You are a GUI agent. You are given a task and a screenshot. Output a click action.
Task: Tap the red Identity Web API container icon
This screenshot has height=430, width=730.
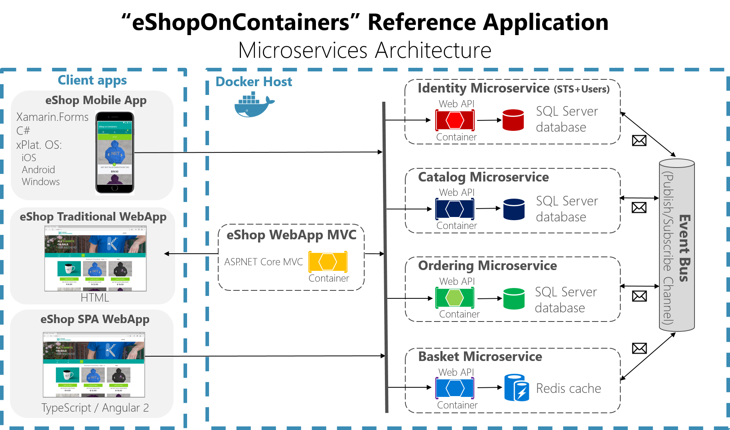click(455, 120)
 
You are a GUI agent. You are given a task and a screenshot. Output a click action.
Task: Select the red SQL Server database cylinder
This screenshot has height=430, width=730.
click(513, 120)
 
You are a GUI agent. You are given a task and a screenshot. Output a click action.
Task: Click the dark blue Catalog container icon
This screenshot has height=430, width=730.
click(455, 209)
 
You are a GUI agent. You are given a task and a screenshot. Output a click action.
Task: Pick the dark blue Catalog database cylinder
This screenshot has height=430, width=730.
click(514, 209)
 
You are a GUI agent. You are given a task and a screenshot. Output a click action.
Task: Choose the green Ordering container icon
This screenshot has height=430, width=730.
click(455, 298)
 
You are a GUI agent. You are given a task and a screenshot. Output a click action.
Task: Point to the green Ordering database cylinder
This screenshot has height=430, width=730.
click(514, 298)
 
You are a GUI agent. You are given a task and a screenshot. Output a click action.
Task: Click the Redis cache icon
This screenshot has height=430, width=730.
click(517, 388)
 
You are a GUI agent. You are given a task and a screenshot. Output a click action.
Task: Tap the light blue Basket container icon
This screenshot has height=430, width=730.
click(455, 388)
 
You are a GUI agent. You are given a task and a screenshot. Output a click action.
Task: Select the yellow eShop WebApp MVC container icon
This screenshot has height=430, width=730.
click(328, 262)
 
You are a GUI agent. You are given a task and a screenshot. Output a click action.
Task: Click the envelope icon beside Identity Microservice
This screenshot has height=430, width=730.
click(639, 140)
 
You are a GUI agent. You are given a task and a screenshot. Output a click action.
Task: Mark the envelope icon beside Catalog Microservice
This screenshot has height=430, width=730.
click(639, 207)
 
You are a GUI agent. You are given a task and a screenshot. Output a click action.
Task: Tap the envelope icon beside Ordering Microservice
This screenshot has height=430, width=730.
click(639, 296)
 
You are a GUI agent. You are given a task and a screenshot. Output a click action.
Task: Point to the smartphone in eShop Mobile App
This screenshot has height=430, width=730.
click(115, 153)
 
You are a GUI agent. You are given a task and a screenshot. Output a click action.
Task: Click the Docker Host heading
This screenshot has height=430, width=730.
click(254, 82)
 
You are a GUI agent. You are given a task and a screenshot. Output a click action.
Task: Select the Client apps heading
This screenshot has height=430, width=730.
click(92, 80)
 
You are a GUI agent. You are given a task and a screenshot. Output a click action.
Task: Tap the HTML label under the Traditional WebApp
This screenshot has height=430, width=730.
click(95, 298)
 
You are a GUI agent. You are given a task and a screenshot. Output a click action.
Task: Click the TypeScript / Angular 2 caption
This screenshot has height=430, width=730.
click(95, 408)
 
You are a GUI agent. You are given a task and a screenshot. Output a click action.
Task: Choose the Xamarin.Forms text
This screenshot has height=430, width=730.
click(52, 117)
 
